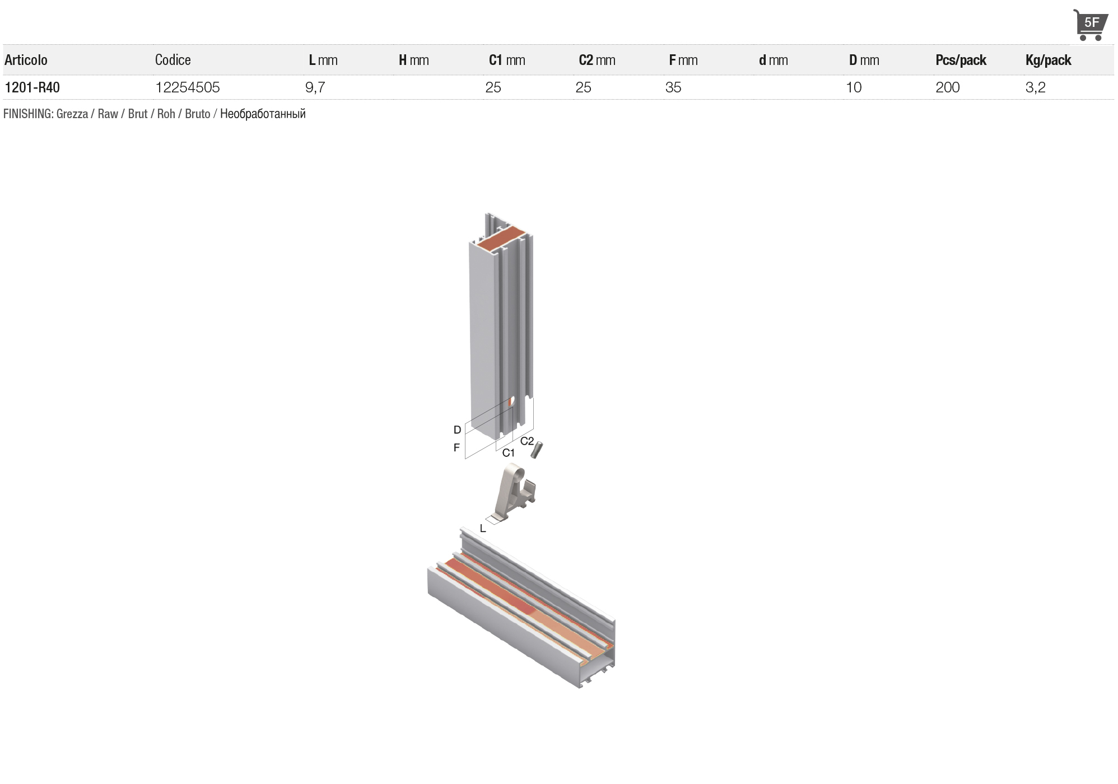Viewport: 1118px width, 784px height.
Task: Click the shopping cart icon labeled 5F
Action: click(1090, 25)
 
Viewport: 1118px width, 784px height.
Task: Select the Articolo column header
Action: click(26, 60)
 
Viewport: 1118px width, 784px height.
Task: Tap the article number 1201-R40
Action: click(32, 87)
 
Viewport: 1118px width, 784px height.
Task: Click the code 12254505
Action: click(188, 87)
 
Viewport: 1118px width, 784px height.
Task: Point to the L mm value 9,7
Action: click(315, 87)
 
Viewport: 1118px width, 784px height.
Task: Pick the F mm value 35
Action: click(673, 87)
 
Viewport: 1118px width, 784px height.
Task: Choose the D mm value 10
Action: click(854, 87)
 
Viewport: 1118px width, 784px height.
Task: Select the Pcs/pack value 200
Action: click(948, 87)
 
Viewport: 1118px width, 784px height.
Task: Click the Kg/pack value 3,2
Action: click(1036, 87)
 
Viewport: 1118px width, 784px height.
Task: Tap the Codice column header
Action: click(173, 60)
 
